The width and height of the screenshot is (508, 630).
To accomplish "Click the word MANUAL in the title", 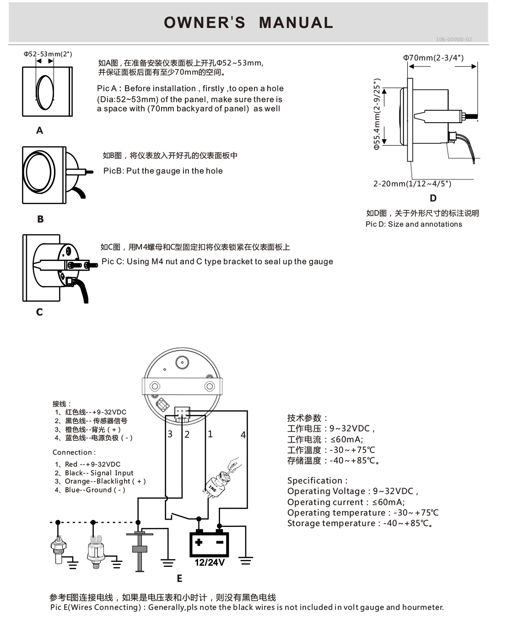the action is pos(296,22).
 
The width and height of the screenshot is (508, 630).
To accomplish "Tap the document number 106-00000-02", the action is pos(453,39).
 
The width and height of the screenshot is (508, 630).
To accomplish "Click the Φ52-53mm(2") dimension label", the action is pos(48,54).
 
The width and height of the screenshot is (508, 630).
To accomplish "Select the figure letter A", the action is pos(40,130).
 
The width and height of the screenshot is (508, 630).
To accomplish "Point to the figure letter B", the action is pos(40,219).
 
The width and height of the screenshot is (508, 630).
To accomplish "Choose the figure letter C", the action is pos(39,312).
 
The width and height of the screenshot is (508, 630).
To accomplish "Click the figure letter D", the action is pos(433,198).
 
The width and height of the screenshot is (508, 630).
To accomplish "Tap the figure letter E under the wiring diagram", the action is pos(179,579).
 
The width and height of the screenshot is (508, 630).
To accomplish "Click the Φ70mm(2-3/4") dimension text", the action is pos(433,58).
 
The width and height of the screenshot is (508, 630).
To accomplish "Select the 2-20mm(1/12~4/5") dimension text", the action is pos(412,184).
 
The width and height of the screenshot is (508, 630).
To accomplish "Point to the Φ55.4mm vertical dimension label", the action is pos(377,114).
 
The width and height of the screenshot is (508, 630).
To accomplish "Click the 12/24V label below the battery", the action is pos(210,563).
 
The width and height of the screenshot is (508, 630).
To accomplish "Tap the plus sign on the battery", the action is pos(199,543).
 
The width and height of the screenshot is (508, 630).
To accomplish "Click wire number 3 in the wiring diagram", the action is pos(170,434).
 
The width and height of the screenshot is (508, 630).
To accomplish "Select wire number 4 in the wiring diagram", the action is pos(243,435).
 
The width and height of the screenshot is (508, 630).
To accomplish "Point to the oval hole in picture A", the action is pos(45,91).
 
